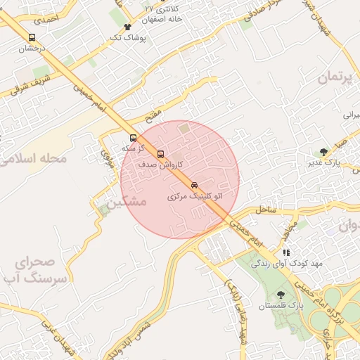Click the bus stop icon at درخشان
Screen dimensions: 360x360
[31, 38]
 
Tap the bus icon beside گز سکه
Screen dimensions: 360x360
[134, 138]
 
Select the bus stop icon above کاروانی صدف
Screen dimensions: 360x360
[160, 154]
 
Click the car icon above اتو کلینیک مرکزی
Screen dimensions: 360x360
[195, 186]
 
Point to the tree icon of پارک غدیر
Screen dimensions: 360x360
[323, 152]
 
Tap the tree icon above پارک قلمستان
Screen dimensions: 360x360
[281, 295]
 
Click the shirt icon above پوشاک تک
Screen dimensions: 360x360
[127, 27]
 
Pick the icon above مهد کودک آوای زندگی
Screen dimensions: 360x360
[286, 252]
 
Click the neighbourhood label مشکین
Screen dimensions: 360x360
[127, 201]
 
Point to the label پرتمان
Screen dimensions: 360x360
[333, 77]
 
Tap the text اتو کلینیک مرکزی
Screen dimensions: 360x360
[195, 197]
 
